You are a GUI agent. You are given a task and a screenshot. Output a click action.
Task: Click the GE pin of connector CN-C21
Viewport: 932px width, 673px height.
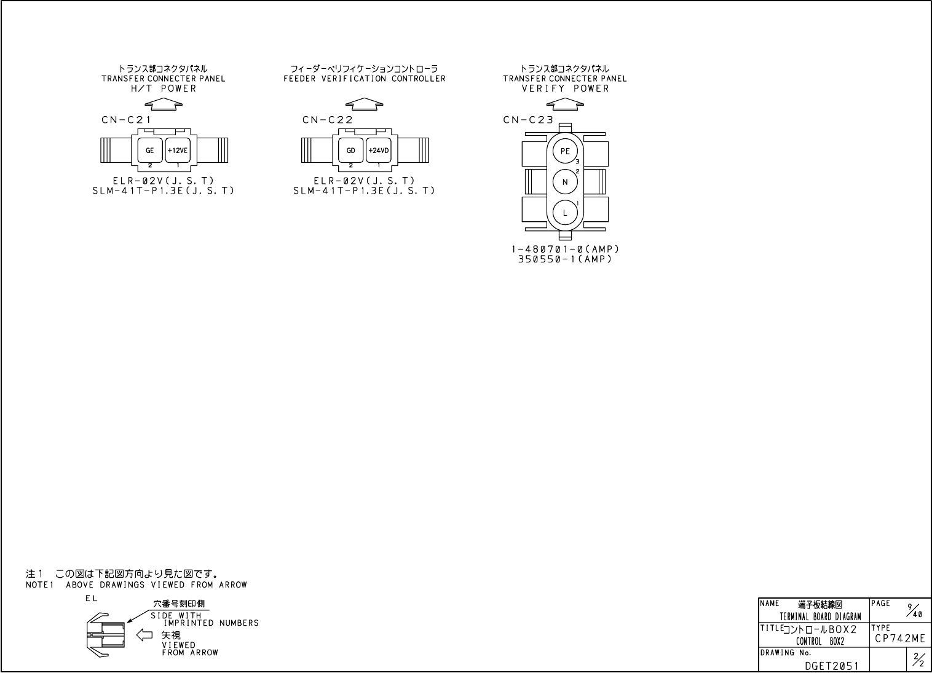(x=150, y=150)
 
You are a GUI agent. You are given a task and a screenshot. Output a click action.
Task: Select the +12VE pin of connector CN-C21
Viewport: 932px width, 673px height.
(x=178, y=150)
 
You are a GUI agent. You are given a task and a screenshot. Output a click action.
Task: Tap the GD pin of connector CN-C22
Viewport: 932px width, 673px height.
(x=351, y=150)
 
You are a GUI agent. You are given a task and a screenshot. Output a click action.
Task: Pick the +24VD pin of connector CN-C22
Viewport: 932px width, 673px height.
(x=379, y=150)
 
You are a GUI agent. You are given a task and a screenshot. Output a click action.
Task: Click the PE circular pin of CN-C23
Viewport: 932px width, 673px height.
(x=565, y=151)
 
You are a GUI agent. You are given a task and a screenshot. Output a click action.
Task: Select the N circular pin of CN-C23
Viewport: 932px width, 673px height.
(x=565, y=182)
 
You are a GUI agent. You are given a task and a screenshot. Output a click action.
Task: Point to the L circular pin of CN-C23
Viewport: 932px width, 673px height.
(x=565, y=213)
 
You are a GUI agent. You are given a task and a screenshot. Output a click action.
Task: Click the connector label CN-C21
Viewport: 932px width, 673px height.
(x=126, y=120)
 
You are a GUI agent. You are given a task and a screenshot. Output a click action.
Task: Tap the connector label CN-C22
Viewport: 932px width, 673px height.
(x=327, y=120)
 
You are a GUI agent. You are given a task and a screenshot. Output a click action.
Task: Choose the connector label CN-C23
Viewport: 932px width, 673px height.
(x=528, y=120)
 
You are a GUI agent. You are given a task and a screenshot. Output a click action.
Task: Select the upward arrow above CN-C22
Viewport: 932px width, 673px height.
(x=364, y=104)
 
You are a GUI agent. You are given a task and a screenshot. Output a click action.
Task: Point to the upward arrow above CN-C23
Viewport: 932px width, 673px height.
(x=565, y=104)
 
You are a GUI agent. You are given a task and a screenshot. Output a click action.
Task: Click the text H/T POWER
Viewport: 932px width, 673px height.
(x=164, y=89)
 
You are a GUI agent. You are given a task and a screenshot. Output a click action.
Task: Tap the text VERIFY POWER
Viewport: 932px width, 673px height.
(x=565, y=89)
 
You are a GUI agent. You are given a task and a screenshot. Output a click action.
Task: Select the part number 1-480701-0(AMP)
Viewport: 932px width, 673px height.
(x=565, y=250)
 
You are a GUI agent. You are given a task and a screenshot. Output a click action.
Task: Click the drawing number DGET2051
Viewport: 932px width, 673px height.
(x=832, y=666)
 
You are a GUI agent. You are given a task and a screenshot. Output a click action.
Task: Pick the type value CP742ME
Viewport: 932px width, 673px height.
(x=899, y=639)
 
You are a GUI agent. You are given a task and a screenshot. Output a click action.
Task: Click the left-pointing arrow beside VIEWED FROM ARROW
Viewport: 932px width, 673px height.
(x=144, y=635)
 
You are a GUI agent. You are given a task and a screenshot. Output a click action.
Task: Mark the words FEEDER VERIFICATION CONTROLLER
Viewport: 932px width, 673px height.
(x=364, y=79)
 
